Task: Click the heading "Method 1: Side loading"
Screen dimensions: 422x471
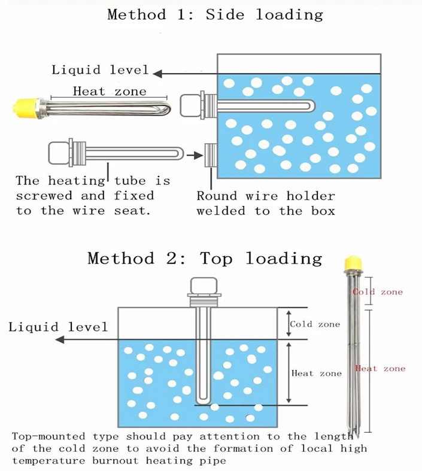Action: tap(215, 15)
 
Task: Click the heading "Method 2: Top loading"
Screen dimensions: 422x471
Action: tap(205, 259)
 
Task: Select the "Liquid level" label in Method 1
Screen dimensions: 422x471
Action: tap(100, 70)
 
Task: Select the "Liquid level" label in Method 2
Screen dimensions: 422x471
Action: tap(58, 327)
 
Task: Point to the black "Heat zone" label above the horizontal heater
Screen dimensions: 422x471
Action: tap(110, 92)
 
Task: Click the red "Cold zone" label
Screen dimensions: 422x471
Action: tap(378, 292)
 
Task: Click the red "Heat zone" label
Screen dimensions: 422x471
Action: tap(380, 369)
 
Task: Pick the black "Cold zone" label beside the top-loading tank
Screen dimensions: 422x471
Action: tap(315, 324)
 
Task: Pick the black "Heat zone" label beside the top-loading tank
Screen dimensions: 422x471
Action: tap(317, 373)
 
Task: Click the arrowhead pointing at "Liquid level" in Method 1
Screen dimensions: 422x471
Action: tap(157, 74)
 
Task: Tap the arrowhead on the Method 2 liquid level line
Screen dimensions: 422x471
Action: tap(60, 340)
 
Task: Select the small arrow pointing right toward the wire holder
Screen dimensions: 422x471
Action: tap(195, 155)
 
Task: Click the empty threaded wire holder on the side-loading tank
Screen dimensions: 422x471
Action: tap(211, 155)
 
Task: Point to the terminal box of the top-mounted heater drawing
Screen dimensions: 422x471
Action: tap(204, 285)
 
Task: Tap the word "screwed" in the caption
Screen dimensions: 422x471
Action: tap(44, 196)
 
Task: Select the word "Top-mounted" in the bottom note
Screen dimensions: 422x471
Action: tap(49, 436)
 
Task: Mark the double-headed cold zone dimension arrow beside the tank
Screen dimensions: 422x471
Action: tap(289, 324)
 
